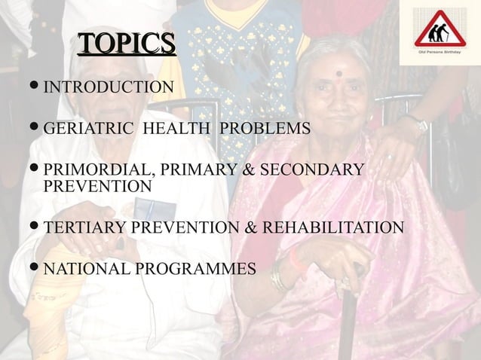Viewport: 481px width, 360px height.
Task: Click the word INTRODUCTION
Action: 109,88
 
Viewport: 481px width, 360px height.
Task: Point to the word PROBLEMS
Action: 265,129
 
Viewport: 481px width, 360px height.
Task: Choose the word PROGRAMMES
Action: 198,268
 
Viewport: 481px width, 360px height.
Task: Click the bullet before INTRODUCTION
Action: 35,88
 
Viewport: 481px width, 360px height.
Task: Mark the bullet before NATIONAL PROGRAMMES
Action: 35,268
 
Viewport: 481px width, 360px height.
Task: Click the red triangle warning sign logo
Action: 440,30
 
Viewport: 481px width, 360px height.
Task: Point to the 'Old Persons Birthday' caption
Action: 440,55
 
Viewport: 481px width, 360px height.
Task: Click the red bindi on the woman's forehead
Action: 339,74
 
